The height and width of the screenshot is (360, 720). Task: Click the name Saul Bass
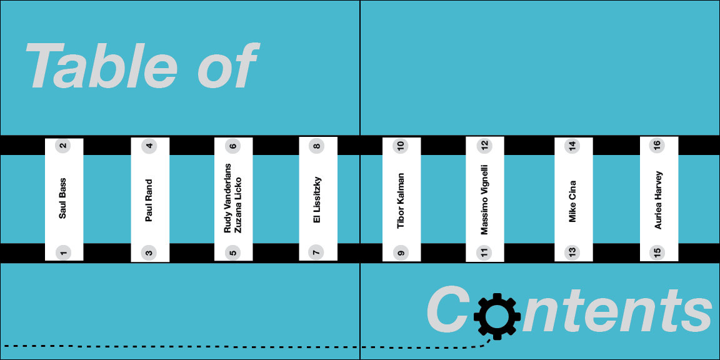pyautogui.click(x=62, y=199)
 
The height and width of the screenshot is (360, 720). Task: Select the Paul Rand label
pyautogui.click(x=149, y=201)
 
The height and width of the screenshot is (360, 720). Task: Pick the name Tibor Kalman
pyautogui.click(x=401, y=201)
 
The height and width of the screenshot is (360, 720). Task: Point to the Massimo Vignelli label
pyautogui.click(x=484, y=199)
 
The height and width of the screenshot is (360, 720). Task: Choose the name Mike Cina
pyautogui.click(x=572, y=201)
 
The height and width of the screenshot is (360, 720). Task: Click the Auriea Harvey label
pyautogui.click(x=657, y=200)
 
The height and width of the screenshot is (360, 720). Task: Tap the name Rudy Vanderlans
pyautogui.click(x=227, y=199)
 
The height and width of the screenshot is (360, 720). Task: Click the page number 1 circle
pyautogui.click(x=62, y=253)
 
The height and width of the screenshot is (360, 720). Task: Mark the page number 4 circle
pyautogui.click(x=149, y=147)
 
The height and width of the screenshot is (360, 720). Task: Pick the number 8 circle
pyautogui.click(x=317, y=147)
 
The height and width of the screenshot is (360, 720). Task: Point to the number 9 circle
pyautogui.click(x=401, y=253)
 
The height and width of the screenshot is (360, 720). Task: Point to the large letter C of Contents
pyautogui.click(x=447, y=311)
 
